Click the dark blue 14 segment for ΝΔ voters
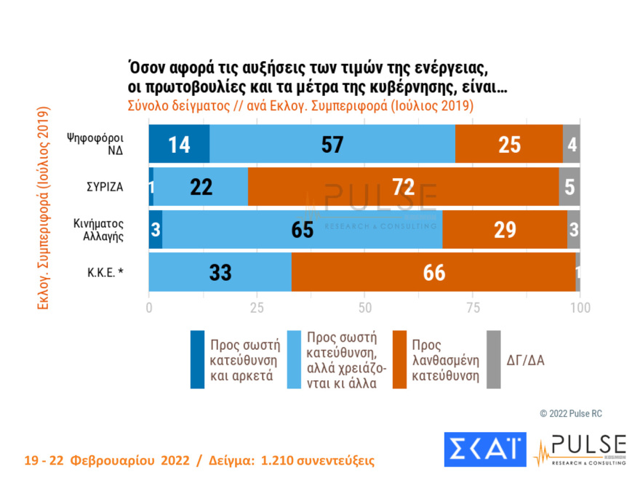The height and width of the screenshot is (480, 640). (x=179, y=143)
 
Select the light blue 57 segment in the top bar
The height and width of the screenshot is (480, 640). (x=332, y=143)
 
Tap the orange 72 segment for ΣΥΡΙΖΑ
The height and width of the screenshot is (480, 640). (x=404, y=186)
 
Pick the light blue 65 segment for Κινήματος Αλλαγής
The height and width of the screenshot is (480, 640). (x=302, y=229)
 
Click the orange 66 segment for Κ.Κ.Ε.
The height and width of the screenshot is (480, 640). (x=433, y=272)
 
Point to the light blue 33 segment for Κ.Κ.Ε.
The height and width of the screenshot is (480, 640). (x=220, y=272)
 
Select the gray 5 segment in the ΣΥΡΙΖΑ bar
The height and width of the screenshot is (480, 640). (x=569, y=186)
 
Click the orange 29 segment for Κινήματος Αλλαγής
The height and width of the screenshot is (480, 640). (x=505, y=229)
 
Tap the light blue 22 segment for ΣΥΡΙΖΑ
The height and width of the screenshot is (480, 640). (x=201, y=186)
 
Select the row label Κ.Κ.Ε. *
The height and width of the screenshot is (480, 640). (x=104, y=272)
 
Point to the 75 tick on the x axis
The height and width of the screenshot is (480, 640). (x=473, y=307)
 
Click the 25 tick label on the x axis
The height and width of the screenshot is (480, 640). (x=257, y=307)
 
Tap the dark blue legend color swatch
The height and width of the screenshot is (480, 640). (x=197, y=359)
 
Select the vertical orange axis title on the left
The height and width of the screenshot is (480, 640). (x=42, y=208)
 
